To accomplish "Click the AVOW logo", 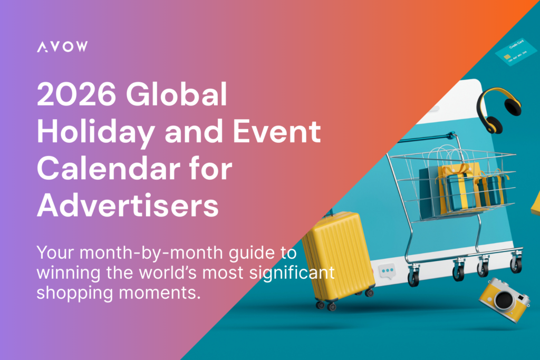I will point(62,47).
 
